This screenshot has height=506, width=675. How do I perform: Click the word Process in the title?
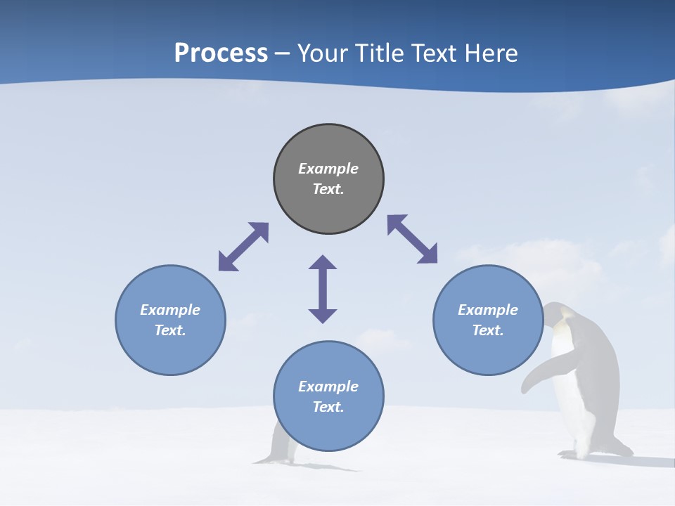pos(221,53)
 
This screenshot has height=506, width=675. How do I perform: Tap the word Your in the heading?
pos(323,53)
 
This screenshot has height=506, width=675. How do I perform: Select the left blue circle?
pos(170,351)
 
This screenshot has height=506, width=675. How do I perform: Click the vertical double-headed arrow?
pos(323,289)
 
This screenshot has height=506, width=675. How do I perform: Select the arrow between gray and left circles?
pos(243,247)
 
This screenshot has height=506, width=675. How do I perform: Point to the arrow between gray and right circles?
pos(413,239)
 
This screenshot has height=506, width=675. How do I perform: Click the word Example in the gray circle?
pos(328,169)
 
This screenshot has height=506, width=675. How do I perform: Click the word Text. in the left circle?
pos(170,330)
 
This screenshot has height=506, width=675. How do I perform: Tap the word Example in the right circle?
pos(488,310)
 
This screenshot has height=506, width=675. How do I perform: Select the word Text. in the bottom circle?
pos(328,407)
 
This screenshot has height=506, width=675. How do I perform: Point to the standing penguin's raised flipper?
pos(541,372)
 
